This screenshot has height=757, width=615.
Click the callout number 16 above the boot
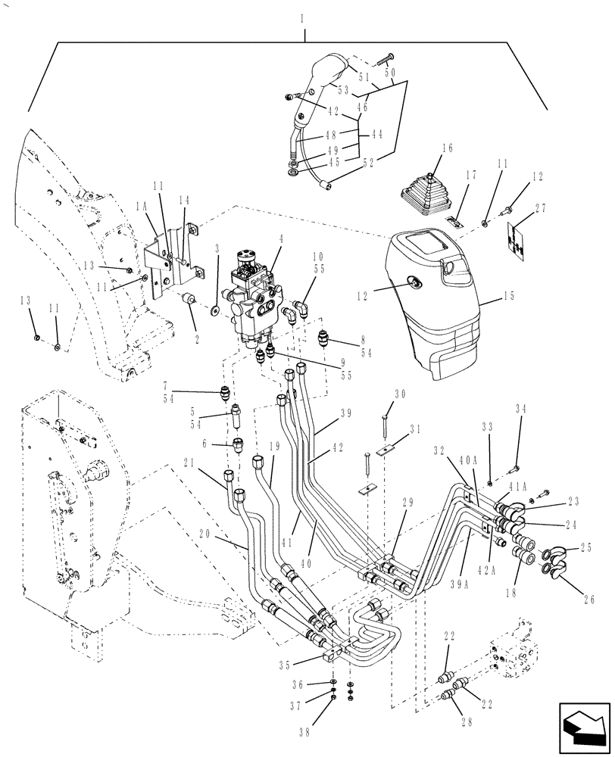point(446,149)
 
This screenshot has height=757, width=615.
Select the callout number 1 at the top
point(302,15)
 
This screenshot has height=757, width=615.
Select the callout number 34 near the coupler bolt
point(520,410)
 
